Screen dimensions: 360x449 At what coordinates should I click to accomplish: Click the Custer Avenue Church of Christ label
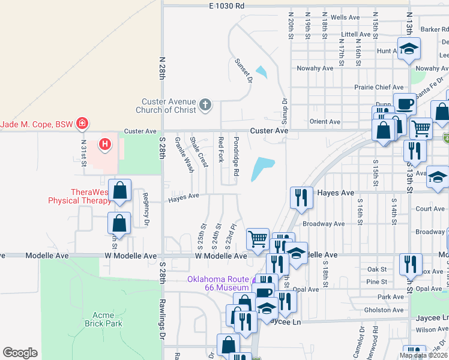click(169, 106)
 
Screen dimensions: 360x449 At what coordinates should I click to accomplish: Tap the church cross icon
click(205, 106)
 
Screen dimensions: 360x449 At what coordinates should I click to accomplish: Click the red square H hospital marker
click(105, 144)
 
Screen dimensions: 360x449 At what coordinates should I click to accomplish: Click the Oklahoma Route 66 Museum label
click(217, 284)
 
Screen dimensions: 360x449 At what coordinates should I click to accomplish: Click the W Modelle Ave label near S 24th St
click(221, 256)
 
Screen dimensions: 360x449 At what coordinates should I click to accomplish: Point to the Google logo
click(20, 353)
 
